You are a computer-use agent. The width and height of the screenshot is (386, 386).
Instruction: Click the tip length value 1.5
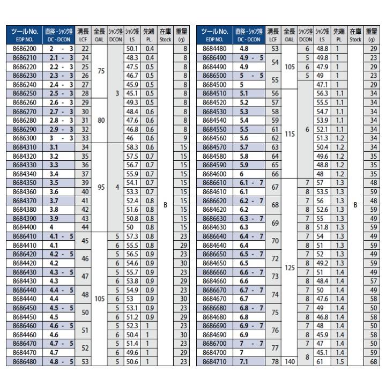click(x=338, y=361)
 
